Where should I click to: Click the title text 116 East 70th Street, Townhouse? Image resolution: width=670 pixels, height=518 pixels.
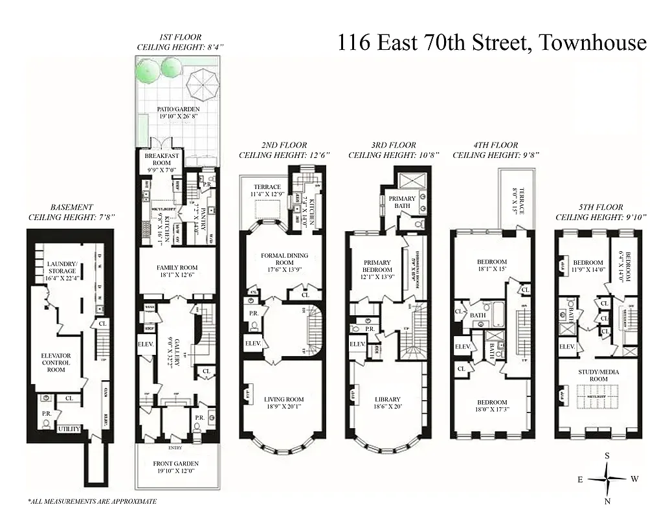(491, 43)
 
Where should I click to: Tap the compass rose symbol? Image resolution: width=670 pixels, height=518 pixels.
(607, 479)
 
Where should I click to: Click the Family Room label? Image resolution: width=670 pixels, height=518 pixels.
(177, 271)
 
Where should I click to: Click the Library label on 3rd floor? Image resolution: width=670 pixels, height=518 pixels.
(387, 403)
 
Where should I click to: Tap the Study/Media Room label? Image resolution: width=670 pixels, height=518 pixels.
(598, 375)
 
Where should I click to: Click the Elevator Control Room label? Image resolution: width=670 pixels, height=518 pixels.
(55, 363)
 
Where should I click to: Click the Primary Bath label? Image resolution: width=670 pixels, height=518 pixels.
(402, 203)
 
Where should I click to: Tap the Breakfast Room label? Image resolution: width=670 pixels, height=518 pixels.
(157, 160)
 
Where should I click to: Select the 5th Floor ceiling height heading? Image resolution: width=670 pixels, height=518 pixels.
(598, 214)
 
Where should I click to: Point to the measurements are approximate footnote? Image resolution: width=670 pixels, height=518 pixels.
(92, 501)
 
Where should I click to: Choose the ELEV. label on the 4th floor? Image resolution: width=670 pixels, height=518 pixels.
(463, 348)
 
